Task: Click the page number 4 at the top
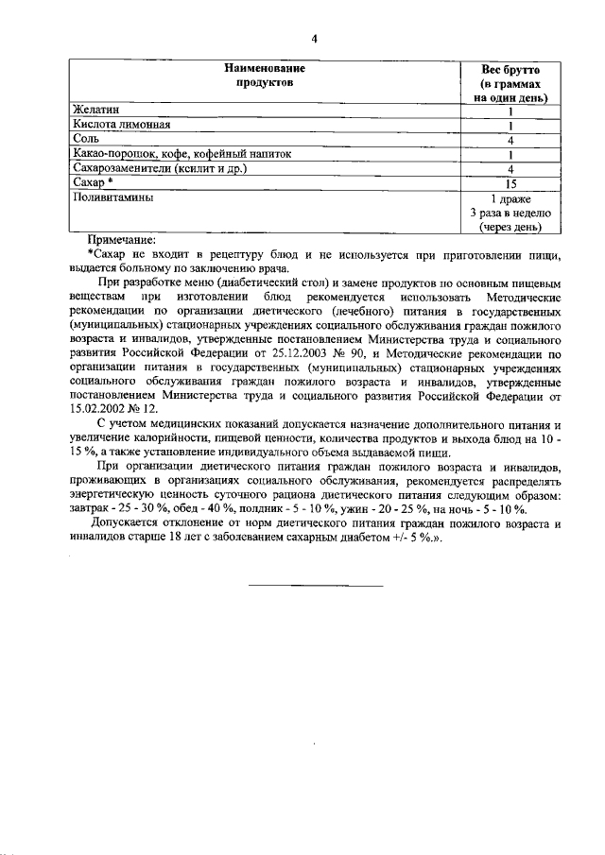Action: click(314, 38)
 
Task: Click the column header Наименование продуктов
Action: click(264, 76)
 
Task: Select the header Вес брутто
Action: click(510, 69)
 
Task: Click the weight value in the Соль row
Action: click(510, 140)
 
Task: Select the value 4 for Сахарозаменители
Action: click(510, 169)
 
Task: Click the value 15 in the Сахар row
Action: click(510, 183)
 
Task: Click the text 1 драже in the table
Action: click(510, 198)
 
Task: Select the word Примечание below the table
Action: click(121, 240)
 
